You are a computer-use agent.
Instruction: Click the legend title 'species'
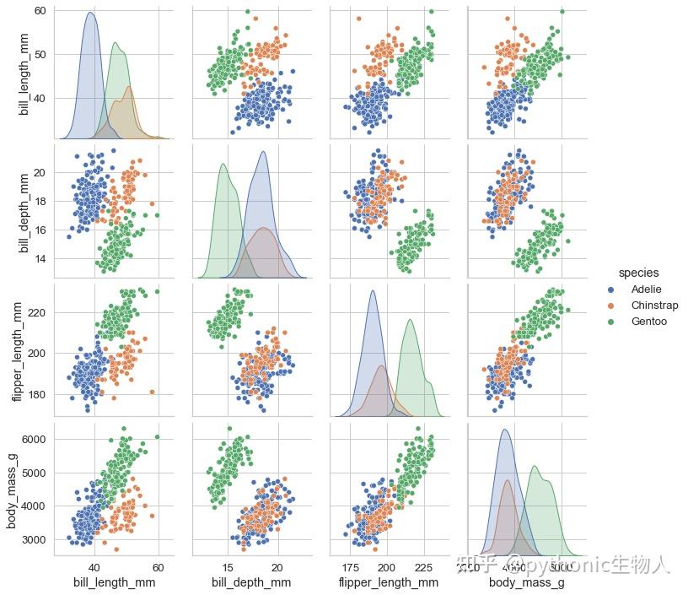tap(638, 273)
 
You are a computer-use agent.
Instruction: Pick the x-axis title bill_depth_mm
tap(251, 582)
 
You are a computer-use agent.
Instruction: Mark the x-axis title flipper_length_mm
tap(388, 582)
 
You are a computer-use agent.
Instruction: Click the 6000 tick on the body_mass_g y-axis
tap(35, 440)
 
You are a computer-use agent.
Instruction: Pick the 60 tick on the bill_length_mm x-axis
tap(159, 565)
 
